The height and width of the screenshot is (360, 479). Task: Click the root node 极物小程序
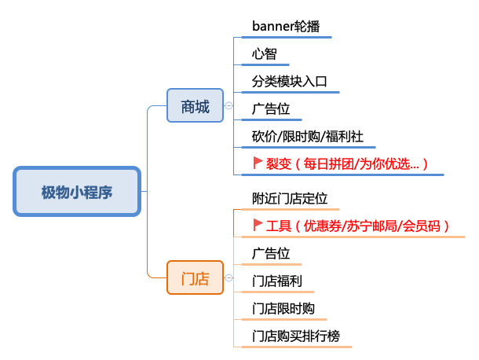click(x=77, y=192)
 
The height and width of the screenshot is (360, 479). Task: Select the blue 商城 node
click(x=196, y=107)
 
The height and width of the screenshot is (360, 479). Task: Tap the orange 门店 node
click(x=196, y=277)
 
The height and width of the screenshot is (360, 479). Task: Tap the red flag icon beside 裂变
click(x=258, y=163)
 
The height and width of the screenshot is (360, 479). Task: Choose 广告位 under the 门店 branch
click(x=271, y=253)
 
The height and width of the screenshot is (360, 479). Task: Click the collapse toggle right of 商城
click(x=229, y=106)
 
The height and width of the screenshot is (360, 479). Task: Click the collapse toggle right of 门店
click(x=229, y=277)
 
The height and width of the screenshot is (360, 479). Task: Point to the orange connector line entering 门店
click(x=155, y=275)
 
